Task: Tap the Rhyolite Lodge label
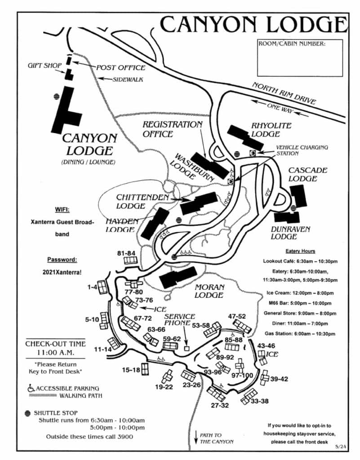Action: point(271,130)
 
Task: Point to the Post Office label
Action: point(121,68)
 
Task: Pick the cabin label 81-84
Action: point(126,253)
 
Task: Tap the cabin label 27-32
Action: point(220,405)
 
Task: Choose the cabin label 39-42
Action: point(279,379)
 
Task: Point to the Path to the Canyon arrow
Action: point(196,438)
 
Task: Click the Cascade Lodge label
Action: point(307,174)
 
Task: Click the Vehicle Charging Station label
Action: point(302,150)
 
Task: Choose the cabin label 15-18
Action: point(132,370)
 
